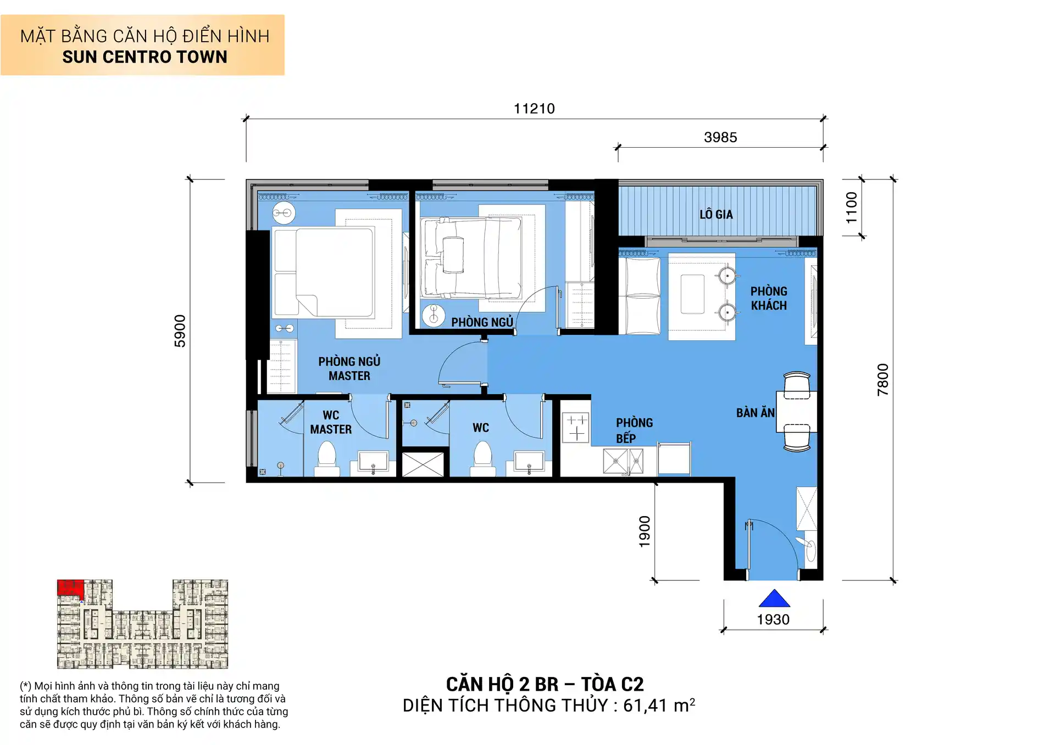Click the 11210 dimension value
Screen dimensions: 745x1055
pyautogui.click(x=534, y=109)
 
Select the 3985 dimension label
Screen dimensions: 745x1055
pyautogui.click(x=720, y=137)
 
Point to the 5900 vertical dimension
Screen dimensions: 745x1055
pyautogui.click(x=180, y=331)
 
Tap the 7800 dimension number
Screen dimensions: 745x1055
pyautogui.click(x=882, y=379)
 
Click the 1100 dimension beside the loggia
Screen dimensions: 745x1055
pyautogui.click(x=851, y=208)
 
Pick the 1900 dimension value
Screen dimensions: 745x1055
pyautogui.click(x=645, y=531)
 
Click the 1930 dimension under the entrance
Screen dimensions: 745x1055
pyautogui.click(x=773, y=619)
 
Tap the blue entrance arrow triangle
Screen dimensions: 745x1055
pyautogui.click(x=774, y=599)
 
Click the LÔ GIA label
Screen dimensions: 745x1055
pyautogui.click(x=716, y=215)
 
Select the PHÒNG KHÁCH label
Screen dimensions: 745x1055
pyautogui.click(x=769, y=298)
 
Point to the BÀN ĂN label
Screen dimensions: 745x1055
pyautogui.click(x=755, y=413)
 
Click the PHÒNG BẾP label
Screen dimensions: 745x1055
pyautogui.click(x=634, y=430)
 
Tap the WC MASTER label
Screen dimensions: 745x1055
pyautogui.click(x=331, y=422)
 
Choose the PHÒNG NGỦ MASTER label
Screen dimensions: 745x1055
pyautogui.click(x=349, y=368)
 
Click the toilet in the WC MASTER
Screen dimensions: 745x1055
pyautogui.click(x=327, y=458)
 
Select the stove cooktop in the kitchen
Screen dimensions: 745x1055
pyautogui.click(x=576, y=428)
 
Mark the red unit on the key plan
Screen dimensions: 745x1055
pyautogui.click(x=70, y=587)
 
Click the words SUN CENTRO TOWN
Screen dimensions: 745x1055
pyautogui.click(x=145, y=57)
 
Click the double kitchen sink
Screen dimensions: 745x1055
pyautogui.click(x=623, y=461)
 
